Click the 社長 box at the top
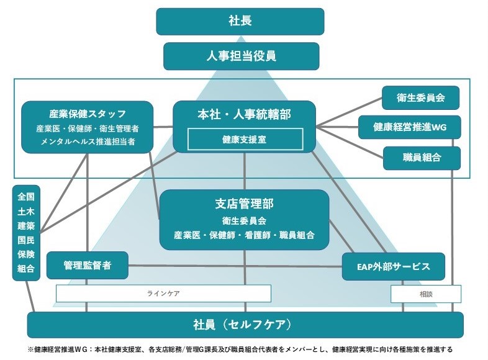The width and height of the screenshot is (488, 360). (x=240, y=21)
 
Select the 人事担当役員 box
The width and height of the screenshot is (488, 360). (x=241, y=56)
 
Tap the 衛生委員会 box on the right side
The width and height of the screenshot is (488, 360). (x=421, y=97)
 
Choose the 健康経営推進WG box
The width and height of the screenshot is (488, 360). (x=409, y=127)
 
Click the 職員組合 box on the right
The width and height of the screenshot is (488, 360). (x=421, y=158)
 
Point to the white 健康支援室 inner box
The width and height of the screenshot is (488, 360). (x=245, y=139)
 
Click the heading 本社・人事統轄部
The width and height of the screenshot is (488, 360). (x=245, y=114)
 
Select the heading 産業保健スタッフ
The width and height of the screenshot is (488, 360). (x=88, y=114)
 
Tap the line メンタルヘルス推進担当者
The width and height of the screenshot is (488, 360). (x=87, y=142)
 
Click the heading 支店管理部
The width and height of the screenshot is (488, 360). (x=244, y=204)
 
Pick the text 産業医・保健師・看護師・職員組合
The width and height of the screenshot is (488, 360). (x=244, y=235)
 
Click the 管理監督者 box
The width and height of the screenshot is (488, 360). (x=87, y=266)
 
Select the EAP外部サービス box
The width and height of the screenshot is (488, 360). (x=394, y=266)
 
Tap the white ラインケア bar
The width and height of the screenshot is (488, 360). (x=163, y=293)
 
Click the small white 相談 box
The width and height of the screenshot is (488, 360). (x=426, y=293)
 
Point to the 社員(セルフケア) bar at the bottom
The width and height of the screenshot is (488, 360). (x=245, y=325)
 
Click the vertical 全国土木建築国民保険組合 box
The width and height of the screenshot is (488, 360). (x=25, y=233)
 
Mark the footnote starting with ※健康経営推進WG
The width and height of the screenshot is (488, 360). (x=240, y=349)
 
